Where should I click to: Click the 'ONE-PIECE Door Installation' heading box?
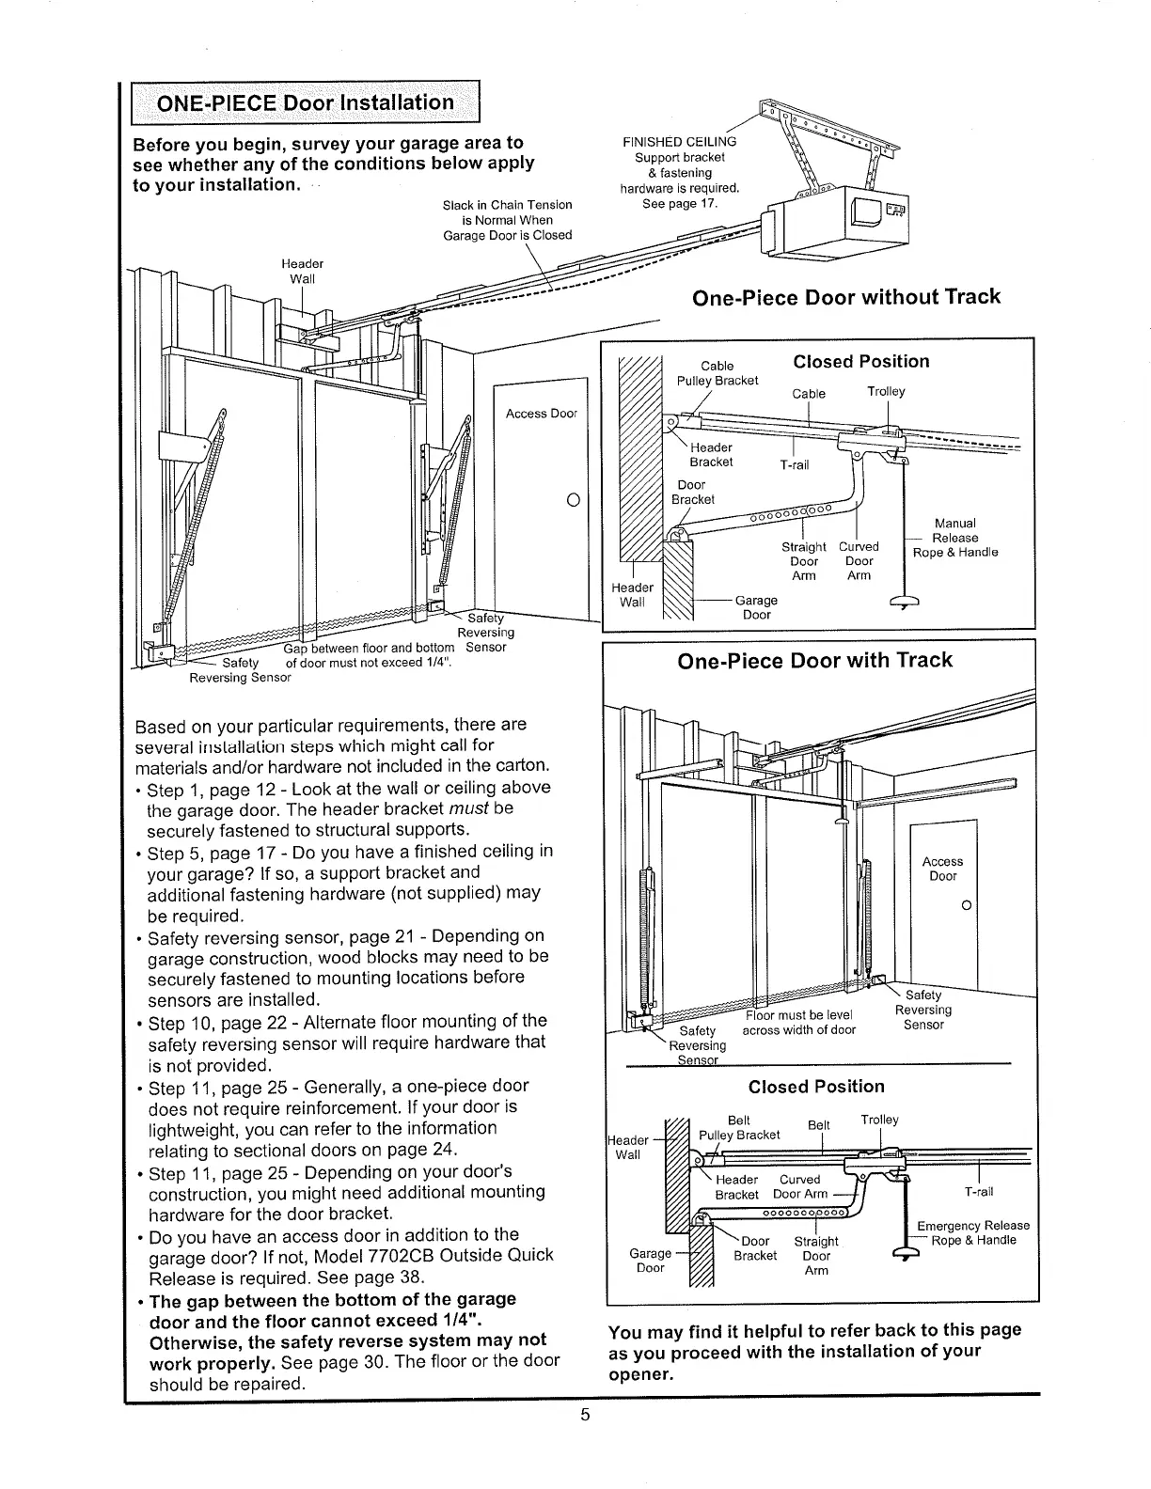[305, 102]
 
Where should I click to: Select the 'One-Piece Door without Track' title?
[845, 297]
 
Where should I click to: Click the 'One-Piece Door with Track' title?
[814, 660]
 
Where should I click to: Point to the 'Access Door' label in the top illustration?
[541, 414]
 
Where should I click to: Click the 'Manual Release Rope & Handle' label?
[955, 538]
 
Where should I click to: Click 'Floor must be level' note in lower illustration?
[798, 1015]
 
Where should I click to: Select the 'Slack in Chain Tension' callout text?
[507, 205]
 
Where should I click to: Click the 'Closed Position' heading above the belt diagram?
[816, 1087]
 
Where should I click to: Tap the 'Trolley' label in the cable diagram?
[886, 391]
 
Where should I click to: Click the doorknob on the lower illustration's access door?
[965, 905]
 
